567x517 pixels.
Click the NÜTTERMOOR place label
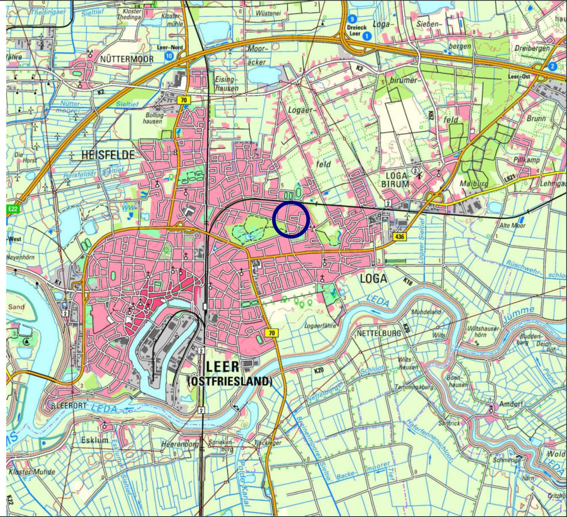[127, 59]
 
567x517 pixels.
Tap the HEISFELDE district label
[108, 155]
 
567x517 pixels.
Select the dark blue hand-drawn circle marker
[291, 219]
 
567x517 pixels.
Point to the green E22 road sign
[13, 209]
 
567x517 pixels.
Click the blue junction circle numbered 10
[169, 56]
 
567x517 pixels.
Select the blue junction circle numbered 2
[552, 66]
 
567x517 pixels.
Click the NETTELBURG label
[379, 333]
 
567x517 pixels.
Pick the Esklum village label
[95, 440]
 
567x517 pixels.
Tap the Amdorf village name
[511, 404]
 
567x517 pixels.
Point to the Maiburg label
[474, 184]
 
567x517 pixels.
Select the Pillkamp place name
[526, 160]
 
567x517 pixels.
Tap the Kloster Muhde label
[32, 472]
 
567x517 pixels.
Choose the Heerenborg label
[180, 444]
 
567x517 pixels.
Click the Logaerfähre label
[320, 325]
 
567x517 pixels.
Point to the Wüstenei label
[268, 13]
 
